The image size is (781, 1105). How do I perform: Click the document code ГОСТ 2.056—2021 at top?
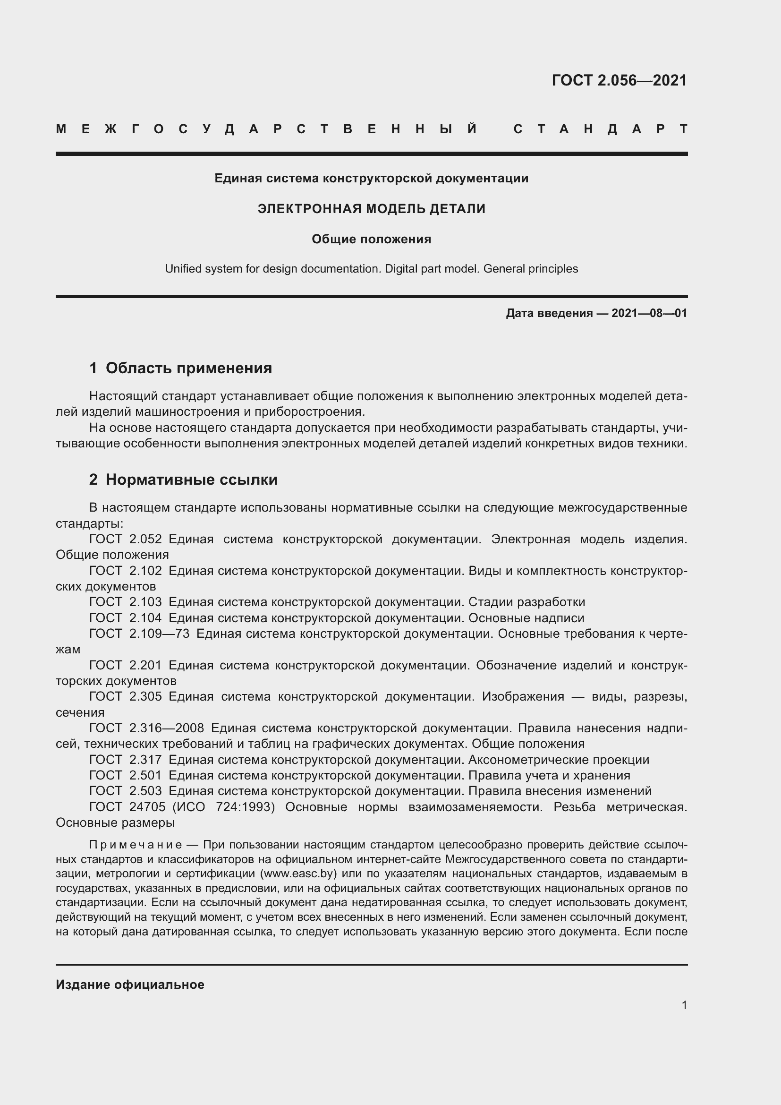619,80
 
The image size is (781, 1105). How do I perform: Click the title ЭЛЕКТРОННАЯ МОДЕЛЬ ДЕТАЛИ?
371,209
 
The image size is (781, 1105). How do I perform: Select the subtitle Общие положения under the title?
371,239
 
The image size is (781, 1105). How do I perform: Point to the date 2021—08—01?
649,313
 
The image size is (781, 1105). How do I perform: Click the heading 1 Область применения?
180,368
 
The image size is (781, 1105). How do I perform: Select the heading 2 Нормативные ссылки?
183,480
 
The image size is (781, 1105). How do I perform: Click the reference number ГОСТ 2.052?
126,539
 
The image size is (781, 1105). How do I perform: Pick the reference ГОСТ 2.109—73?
139,634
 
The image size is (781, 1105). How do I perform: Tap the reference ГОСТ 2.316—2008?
147,728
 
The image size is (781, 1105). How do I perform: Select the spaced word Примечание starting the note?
136,845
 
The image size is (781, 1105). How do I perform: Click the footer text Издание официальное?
130,985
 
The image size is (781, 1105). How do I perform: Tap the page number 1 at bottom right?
684,1005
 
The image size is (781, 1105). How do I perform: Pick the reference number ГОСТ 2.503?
126,791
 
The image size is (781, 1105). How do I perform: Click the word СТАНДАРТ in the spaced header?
600,129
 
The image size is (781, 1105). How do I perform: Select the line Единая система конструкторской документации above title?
371,179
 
